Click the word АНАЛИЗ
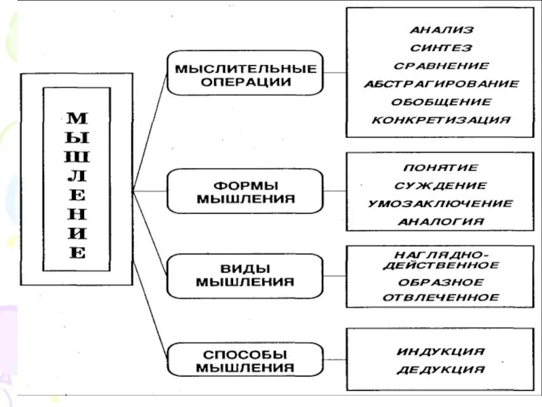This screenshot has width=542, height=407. [x=441, y=30]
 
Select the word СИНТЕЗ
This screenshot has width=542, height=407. [x=441, y=48]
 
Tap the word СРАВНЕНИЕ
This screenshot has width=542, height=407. [x=441, y=66]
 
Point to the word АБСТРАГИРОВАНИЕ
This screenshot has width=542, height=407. [x=441, y=84]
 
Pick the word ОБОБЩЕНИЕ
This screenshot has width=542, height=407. [x=441, y=102]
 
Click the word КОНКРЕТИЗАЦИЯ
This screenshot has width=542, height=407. [x=441, y=120]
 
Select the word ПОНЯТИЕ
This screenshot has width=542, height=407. [x=441, y=168]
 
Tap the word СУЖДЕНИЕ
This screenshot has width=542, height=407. [x=441, y=185]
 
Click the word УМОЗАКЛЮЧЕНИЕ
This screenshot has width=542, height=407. [x=441, y=203]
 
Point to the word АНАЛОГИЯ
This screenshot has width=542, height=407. [x=441, y=221]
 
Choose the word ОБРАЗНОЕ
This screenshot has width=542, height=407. [x=441, y=282]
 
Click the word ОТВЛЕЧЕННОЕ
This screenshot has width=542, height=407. [x=441, y=297]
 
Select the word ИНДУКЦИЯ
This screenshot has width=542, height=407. [x=441, y=351]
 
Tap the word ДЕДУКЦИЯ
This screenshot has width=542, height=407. [x=441, y=370]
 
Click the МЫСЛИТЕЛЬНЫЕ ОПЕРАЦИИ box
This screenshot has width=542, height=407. [x=245, y=73]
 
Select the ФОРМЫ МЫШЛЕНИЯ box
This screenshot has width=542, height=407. [x=245, y=192]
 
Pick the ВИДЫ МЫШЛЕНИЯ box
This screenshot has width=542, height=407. [x=245, y=275]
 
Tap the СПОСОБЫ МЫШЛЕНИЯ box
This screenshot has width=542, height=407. [x=245, y=361]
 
